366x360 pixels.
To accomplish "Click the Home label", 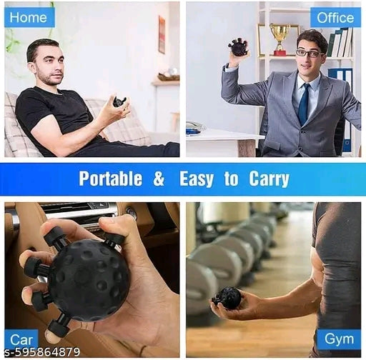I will point(29,17).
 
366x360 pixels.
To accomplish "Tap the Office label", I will point(335,18).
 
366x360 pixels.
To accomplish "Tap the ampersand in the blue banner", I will point(159,179).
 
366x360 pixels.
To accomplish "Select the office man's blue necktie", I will point(304,104).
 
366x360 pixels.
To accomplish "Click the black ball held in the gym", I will point(228,297).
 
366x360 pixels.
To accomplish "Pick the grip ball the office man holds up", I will point(237,48).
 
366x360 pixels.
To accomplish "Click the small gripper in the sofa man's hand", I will point(119,102).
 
